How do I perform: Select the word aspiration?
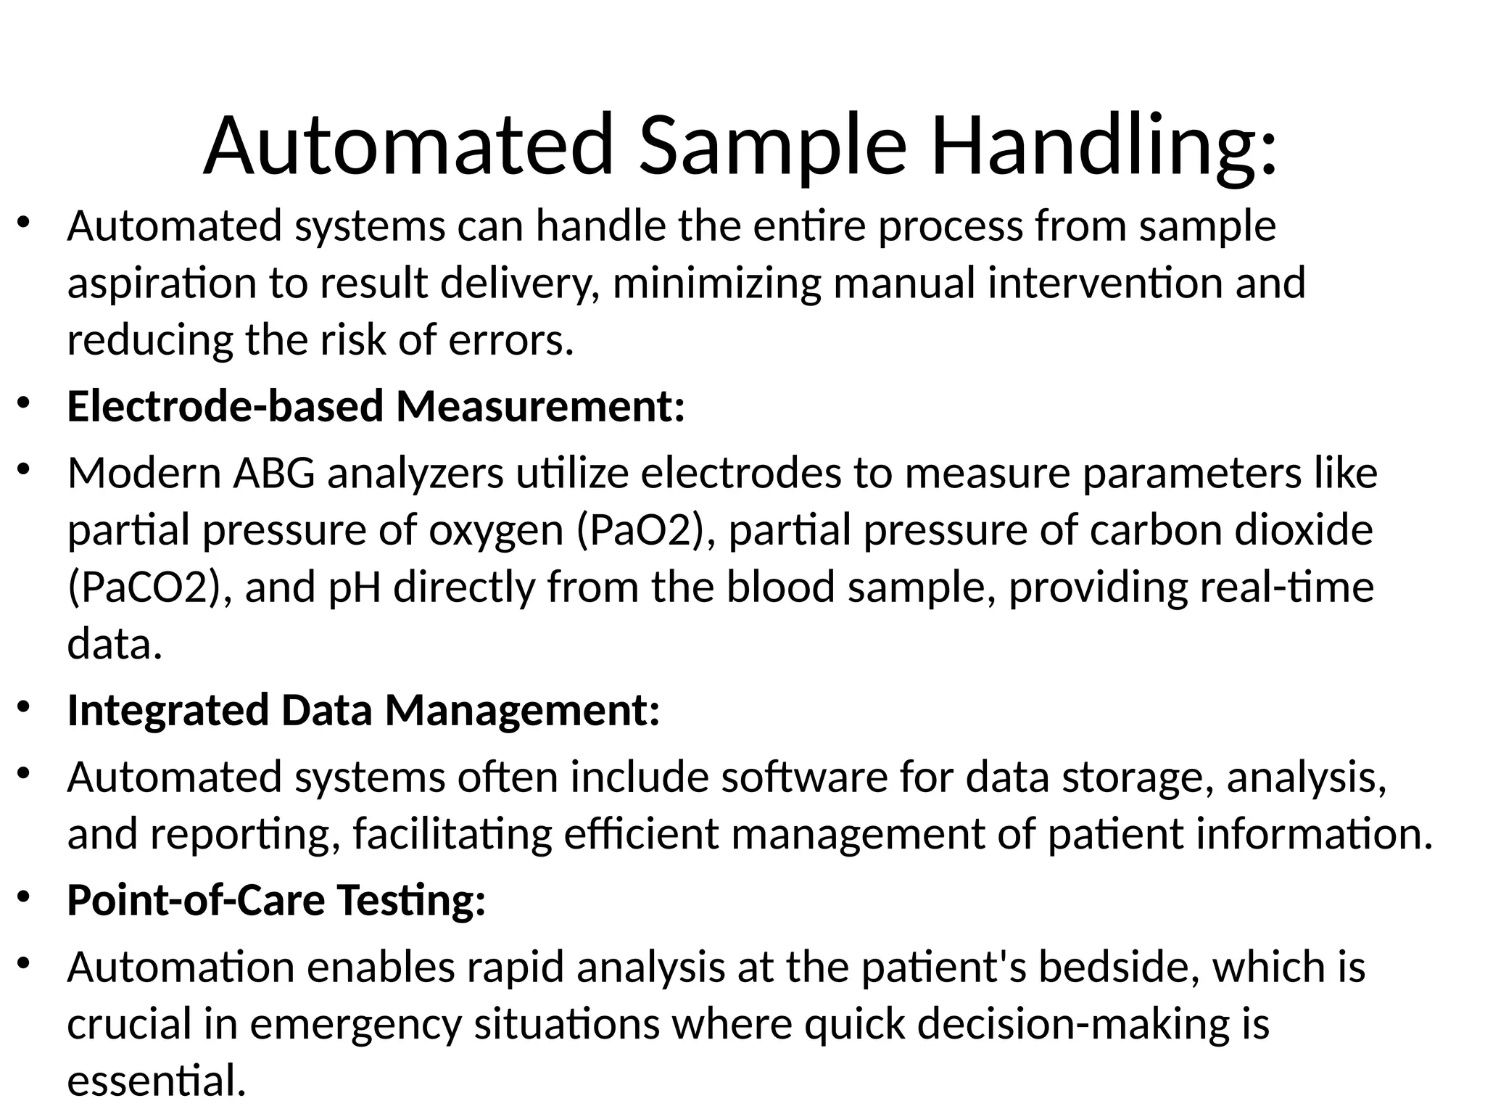click(162, 284)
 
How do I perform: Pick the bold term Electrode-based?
click(225, 405)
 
